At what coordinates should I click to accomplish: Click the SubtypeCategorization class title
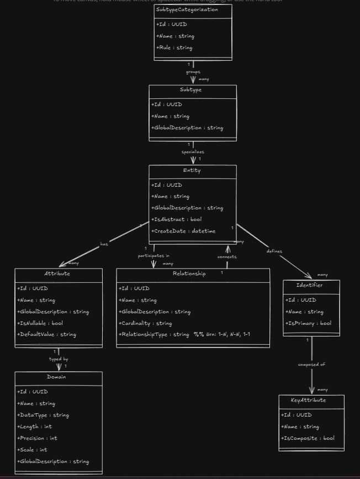(187, 10)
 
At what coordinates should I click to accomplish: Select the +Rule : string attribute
(174, 48)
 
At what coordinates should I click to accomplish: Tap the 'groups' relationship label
(193, 72)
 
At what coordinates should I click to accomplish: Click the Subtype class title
(190, 90)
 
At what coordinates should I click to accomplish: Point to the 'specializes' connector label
(193, 152)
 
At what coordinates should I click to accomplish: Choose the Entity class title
(192, 171)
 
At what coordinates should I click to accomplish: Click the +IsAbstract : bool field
(176, 219)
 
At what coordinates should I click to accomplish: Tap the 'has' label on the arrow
(104, 244)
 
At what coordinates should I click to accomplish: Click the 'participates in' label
(153, 256)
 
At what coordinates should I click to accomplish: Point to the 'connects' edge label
(227, 257)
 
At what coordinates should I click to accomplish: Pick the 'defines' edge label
(274, 251)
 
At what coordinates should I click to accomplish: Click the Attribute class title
(57, 274)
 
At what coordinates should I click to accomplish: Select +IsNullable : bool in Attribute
(40, 323)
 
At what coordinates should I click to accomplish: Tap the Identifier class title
(310, 286)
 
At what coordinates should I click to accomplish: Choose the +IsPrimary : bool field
(308, 323)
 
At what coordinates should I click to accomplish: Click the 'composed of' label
(311, 365)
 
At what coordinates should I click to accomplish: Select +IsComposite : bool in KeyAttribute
(308, 438)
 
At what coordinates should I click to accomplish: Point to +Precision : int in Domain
(37, 438)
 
